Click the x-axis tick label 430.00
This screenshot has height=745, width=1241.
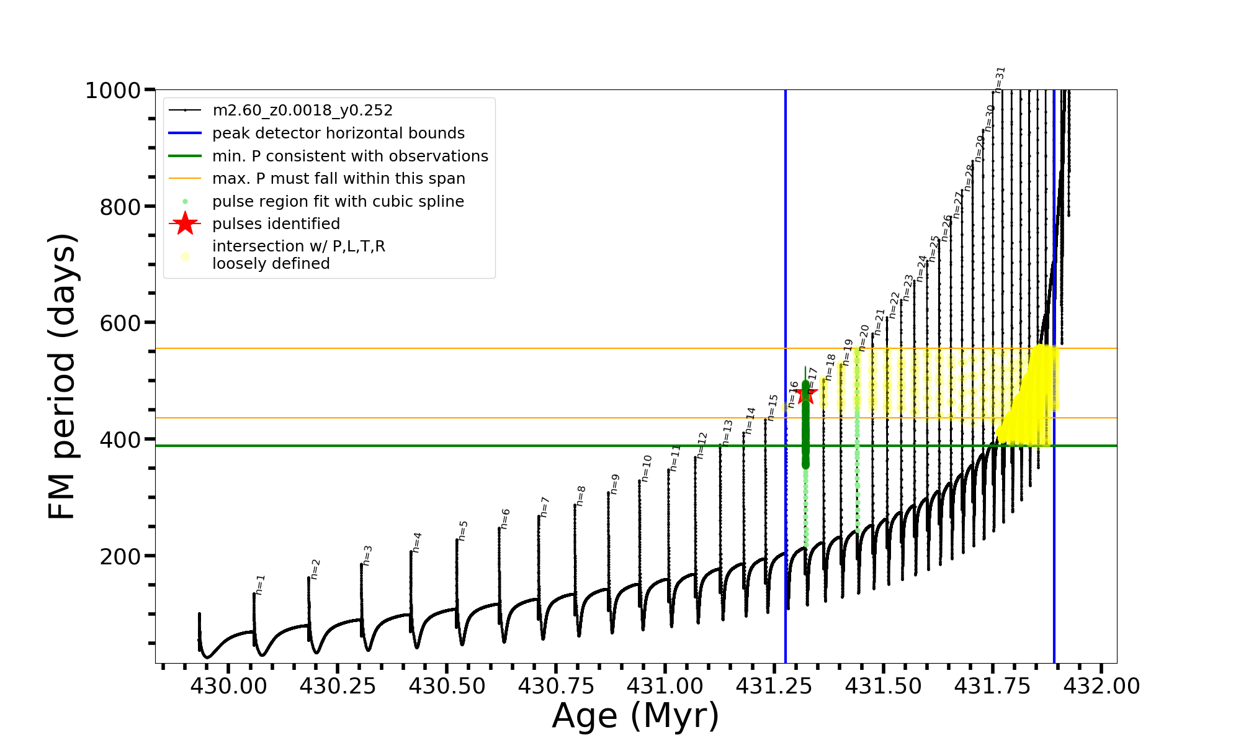(x=228, y=686)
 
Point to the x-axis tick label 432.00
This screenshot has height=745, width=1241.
(x=1101, y=686)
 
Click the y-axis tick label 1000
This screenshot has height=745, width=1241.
(x=112, y=91)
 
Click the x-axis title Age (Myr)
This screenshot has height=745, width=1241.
(x=635, y=716)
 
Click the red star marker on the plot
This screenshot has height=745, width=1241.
(x=806, y=393)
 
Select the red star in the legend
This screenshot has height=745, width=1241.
(x=185, y=223)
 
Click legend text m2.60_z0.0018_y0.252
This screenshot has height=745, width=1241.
(x=302, y=111)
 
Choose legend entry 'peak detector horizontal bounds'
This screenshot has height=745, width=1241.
(x=338, y=133)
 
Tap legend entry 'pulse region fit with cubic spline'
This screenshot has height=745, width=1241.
(x=338, y=202)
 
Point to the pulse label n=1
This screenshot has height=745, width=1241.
(x=261, y=584)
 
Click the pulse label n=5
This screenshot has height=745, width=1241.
(x=464, y=530)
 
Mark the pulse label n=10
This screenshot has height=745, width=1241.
(x=647, y=468)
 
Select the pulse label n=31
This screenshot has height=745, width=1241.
(x=1000, y=79)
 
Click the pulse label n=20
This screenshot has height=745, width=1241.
(x=864, y=338)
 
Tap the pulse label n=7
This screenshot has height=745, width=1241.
(x=545, y=507)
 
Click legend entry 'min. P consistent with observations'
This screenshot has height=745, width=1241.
(x=350, y=156)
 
